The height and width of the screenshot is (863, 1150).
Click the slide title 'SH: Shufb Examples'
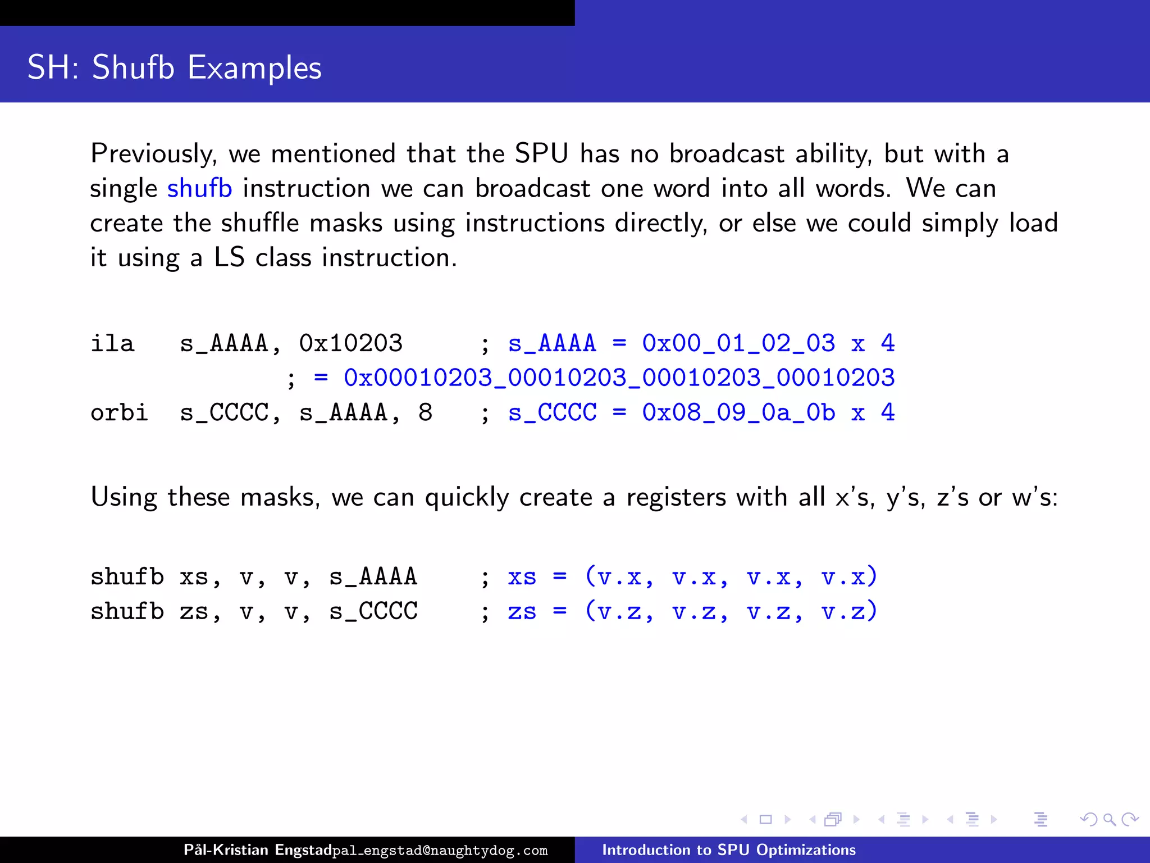click(x=174, y=67)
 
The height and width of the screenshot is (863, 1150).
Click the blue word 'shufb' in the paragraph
click(x=199, y=188)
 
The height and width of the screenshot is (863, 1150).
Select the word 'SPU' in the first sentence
click(x=541, y=153)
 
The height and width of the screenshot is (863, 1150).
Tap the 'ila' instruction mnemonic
click(x=112, y=343)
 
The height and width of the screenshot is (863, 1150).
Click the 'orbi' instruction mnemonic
click(x=119, y=413)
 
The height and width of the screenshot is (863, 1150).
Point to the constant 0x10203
click(x=350, y=343)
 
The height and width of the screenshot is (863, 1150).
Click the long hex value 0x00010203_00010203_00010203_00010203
click(x=619, y=378)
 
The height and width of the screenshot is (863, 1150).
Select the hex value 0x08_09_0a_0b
click(x=738, y=413)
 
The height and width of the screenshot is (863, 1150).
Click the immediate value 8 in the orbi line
click(x=425, y=413)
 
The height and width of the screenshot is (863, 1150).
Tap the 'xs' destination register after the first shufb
click(x=194, y=577)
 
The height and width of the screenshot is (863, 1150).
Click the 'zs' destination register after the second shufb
click(x=194, y=612)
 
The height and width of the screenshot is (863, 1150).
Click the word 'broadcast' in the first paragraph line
click(x=727, y=153)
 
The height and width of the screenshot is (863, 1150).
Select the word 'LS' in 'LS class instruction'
click(x=229, y=258)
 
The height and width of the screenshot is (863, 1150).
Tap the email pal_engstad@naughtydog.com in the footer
click(x=440, y=851)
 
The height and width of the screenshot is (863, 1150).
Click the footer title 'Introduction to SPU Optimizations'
click(x=729, y=850)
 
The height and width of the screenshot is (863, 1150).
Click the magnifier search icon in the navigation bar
click(x=1109, y=820)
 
